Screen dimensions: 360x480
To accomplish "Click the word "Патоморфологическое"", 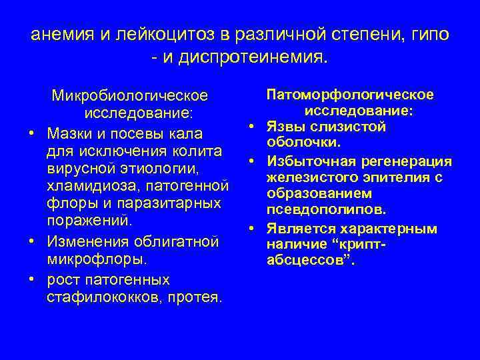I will coord(350,95).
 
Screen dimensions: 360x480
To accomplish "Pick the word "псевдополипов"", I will coord(325,211).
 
